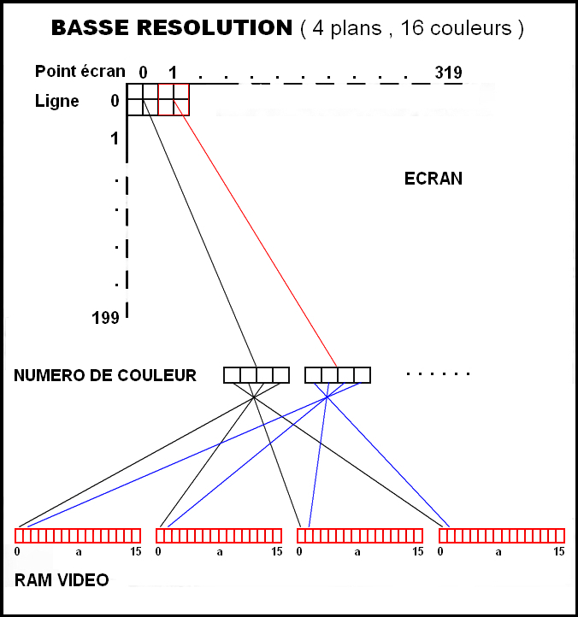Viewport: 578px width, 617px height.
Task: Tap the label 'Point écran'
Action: pos(80,72)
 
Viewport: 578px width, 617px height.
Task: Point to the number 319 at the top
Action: pos(449,72)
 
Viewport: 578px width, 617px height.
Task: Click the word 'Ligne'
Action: pos(57,101)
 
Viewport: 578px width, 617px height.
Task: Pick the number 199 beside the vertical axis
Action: pos(105,318)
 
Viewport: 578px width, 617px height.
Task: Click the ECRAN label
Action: pos(433,179)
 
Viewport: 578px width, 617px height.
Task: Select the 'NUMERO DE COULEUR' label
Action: pos(105,375)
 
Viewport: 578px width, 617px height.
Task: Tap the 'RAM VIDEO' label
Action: pos(62,580)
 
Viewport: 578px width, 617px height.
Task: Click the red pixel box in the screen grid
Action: pos(174,99)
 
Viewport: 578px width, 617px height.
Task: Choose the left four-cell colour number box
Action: pos(257,375)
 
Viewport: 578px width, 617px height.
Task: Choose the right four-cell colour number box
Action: pos(338,375)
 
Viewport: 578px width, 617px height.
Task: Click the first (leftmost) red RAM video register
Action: pos(78,536)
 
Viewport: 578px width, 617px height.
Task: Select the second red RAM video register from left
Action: pos(219,536)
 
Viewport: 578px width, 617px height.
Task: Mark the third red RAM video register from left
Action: pos(360,536)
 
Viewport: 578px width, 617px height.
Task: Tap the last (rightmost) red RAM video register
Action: pos(502,536)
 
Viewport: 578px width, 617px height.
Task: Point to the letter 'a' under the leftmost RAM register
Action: pos(78,552)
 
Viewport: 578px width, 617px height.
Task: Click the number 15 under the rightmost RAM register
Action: pos(559,552)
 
